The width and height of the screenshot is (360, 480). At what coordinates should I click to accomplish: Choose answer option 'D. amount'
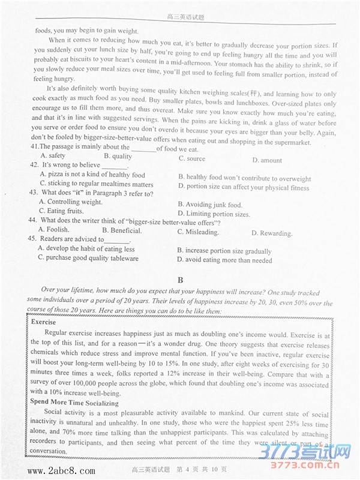[267, 160]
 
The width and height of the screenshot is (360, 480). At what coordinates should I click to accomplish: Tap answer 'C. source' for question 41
[191, 158]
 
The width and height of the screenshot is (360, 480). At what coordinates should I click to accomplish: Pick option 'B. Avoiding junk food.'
[210, 205]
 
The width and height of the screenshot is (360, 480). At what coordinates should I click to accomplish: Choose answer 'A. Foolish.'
[53, 229]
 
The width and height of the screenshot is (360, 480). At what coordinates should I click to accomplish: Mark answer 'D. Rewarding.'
[272, 233]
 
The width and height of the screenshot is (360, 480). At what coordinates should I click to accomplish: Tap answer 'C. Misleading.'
[198, 232]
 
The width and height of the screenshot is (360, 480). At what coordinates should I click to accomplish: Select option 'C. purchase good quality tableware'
[88, 258]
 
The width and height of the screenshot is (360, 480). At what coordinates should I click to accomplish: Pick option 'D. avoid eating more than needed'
[224, 260]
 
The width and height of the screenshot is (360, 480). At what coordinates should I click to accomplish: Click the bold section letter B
[180, 280]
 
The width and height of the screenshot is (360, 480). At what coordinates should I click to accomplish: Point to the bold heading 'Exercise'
[43, 322]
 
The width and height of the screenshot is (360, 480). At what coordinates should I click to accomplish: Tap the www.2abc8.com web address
[61, 470]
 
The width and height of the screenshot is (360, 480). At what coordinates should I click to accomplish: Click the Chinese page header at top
[185, 17]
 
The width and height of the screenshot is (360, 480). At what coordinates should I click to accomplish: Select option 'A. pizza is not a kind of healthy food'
[92, 175]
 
